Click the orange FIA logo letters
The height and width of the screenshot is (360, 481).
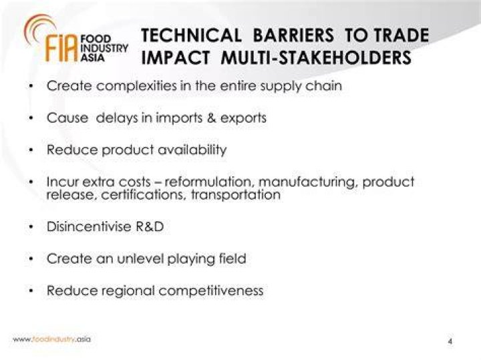click(61, 48)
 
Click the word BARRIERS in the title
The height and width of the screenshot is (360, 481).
click(293, 35)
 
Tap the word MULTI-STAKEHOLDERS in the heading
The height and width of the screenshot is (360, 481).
click(315, 57)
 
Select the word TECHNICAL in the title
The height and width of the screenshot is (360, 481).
click(191, 35)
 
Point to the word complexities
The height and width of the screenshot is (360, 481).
click(136, 86)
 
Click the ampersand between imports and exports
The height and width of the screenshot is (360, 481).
click(211, 118)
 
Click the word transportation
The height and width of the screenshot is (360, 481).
click(236, 195)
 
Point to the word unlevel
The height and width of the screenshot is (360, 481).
click(140, 258)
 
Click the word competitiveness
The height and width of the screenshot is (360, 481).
click(211, 291)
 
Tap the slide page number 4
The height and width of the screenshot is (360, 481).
click(450, 341)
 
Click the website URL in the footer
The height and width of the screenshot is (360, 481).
click(52, 339)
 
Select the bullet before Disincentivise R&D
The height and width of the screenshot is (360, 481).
click(31, 227)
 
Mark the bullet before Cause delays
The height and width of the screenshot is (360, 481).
click(31, 118)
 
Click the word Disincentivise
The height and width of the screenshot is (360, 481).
click(89, 227)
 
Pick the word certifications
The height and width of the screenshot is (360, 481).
click(144, 195)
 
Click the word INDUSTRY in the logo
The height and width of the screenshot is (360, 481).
click(104, 48)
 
